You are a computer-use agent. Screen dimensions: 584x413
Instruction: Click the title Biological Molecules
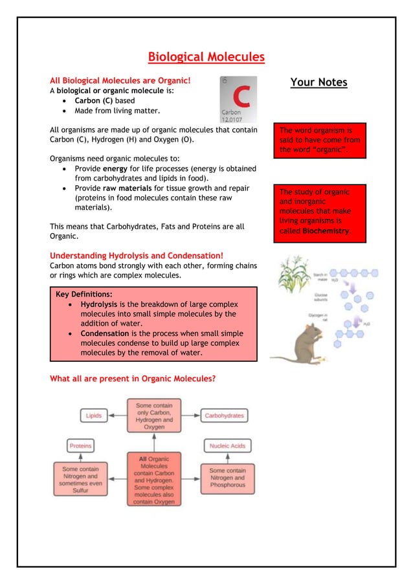[206, 57]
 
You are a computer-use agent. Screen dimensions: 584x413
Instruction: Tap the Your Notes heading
[318, 82]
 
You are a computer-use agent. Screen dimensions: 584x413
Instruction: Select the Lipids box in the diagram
[93, 416]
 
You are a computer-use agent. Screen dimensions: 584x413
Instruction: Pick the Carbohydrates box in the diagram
[224, 416]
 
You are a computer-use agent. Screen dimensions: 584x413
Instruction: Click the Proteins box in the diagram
[81, 446]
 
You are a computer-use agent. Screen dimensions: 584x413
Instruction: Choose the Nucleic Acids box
[227, 446]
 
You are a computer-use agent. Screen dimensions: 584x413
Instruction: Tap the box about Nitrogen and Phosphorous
[227, 478]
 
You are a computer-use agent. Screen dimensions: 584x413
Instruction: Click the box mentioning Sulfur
[81, 478]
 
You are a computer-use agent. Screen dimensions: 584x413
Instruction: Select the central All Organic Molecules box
[154, 479]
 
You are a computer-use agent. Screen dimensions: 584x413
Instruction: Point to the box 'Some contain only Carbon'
[154, 416]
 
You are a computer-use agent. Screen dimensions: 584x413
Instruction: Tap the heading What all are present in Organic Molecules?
[133, 379]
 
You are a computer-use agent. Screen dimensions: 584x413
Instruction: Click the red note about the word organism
[320, 140]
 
